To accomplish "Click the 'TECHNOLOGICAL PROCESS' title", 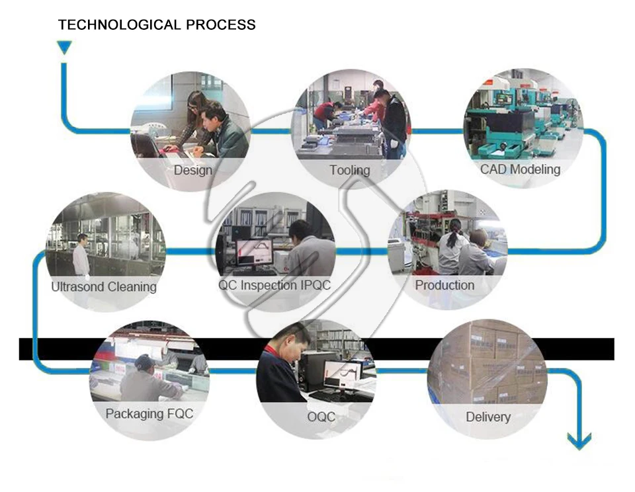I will [x=157, y=26].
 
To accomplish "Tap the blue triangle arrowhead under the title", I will [x=64, y=47].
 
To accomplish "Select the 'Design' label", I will [x=193, y=170].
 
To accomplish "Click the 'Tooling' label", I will [x=350, y=170].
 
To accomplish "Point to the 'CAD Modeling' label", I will [x=520, y=169].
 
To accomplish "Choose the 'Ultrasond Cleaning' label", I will [x=104, y=287].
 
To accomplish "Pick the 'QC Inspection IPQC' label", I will [x=275, y=286].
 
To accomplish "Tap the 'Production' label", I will [x=444, y=286].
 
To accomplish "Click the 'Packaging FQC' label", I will [x=149, y=414].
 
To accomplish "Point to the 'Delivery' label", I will [x=488, y=417].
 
